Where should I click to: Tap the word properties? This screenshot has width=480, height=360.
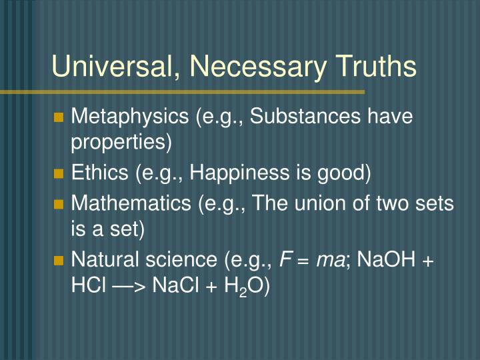[x=121, y=143]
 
